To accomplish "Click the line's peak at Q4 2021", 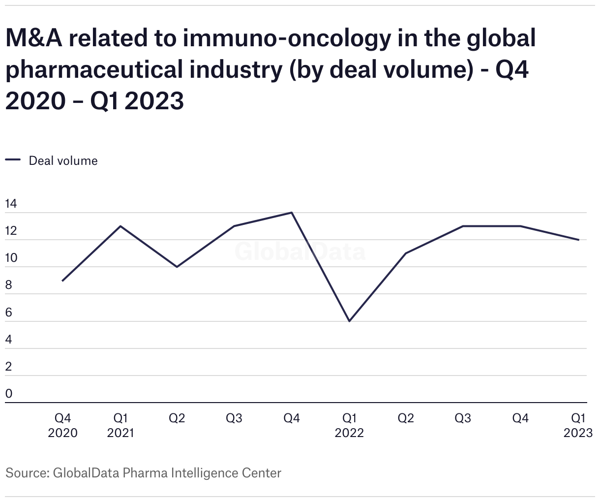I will coord(292,213).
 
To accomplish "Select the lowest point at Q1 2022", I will coord(349,321).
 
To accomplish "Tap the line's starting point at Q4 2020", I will coord(62,281).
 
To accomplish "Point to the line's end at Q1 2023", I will coord(579,240).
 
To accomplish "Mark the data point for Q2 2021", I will coord(177,267).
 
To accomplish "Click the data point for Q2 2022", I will coord(406,253).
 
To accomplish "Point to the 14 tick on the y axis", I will coord(11,204).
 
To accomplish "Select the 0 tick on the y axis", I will coord(8,394).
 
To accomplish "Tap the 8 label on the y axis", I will coord(8,285).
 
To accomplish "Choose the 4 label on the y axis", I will coord(8,340).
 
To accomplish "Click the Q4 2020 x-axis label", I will coord(62,425).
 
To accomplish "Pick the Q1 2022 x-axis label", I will coord(349,425).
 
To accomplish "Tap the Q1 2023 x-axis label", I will coord(578,425).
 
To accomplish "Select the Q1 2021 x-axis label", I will coord(120,425).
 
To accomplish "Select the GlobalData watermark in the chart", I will coord(300,251).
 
